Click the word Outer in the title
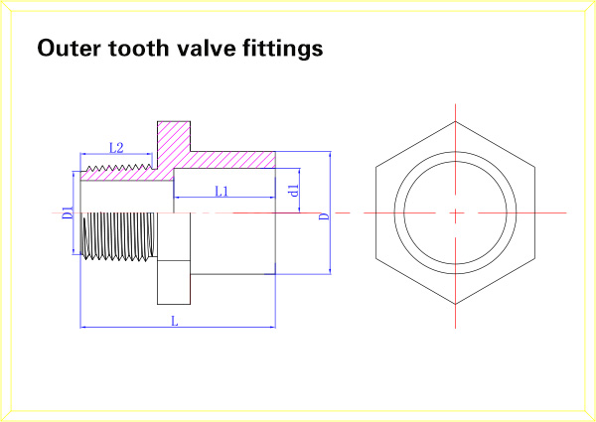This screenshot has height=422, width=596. [x=70, y=48]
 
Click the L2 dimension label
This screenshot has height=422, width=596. [x=116, y=148]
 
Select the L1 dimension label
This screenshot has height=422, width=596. [x=222, y=191]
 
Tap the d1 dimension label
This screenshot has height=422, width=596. [x=293, y=191]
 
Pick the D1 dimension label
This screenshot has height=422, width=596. [x=68, y=213]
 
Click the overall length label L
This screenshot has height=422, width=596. [x=175, y=322]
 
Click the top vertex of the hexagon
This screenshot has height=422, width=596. [x=455, y=121]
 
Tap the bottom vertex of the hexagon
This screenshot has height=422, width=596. [x=455, y=304]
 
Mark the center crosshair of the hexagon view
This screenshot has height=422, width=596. [x=455, y=212]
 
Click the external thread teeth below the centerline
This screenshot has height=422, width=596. [x=118, y=236]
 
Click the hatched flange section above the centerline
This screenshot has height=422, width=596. [x=174, y=144]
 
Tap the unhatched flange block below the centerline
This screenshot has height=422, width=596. [x=174, y=282]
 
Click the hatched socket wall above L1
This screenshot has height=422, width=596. [x=232, y=160]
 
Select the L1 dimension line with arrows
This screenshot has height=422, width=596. [x=224, y=198]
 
